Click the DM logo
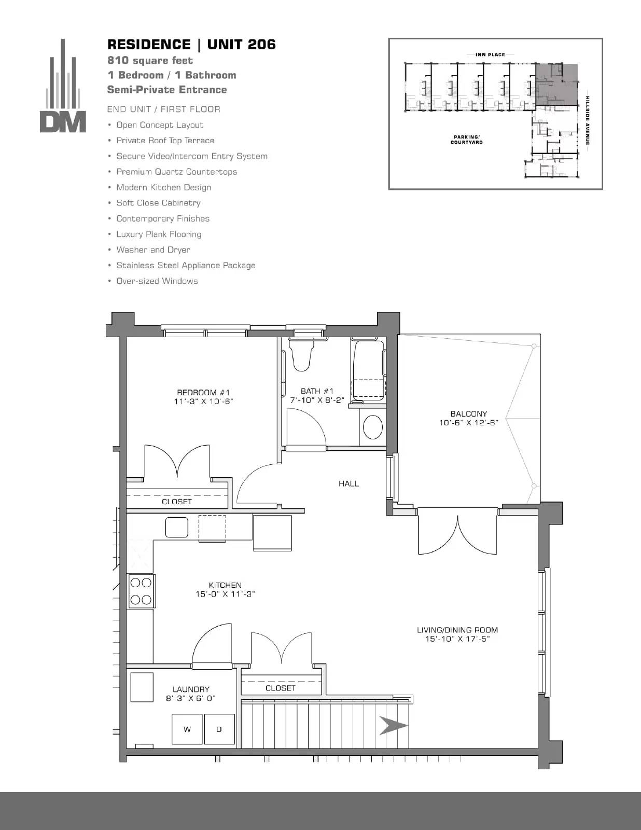tap(63, 86)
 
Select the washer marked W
tap(187, 729)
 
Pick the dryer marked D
tap(219, 729)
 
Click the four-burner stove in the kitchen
tap(141, 591)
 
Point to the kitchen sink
tap(177, 527)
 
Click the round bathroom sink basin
tap(372, 427)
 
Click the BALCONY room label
tap(469, 413)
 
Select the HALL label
tap(349, 483)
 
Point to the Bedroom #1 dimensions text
tap(203, 401)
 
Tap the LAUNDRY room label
tap(191, 689)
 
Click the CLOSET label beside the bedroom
tap(177, 502)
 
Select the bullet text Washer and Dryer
tap(153, 250)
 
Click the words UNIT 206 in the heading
tap(241, 45)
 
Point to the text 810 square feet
tap(150, 60)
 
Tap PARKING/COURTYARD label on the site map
tap(467, 140)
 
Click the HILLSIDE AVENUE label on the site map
tap(588, 120)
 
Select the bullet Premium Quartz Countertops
tap(176, 172)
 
